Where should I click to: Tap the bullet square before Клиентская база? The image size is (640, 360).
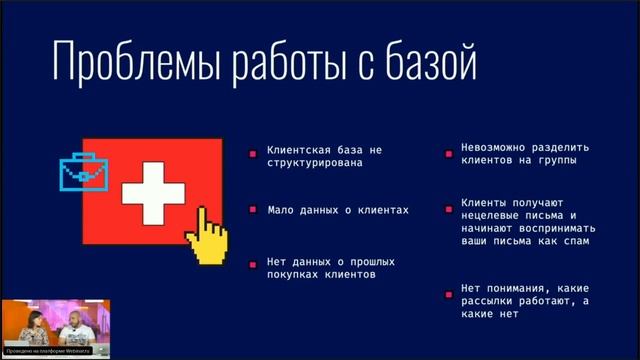[x=254, y=153]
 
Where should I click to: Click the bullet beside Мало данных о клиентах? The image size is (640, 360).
[x=254, y=210]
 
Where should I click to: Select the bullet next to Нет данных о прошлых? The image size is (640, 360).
[x=254, y=263]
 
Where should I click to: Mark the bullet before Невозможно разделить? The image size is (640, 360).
[x=450, y=153]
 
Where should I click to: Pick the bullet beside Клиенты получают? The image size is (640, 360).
[x=450, y=210]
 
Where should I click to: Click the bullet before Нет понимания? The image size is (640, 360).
[x=450, y=294]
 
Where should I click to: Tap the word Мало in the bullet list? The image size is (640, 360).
[x=281, y=210]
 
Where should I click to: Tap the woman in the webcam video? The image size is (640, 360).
[x=30, y=327]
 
